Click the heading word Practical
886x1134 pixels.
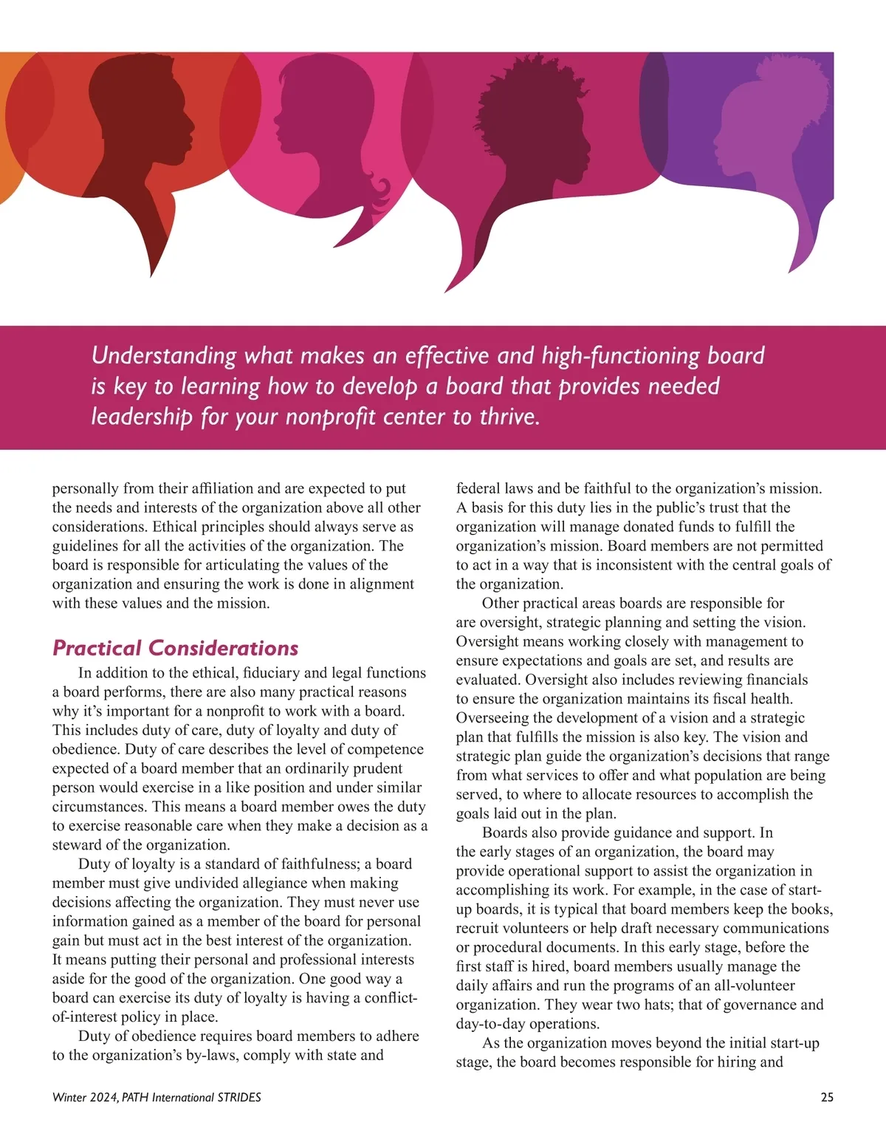click(96, 648)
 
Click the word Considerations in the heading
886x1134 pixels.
click(223, 648)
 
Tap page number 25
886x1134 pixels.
click(827, 1097)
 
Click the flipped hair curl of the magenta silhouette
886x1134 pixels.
click(383, 194)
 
